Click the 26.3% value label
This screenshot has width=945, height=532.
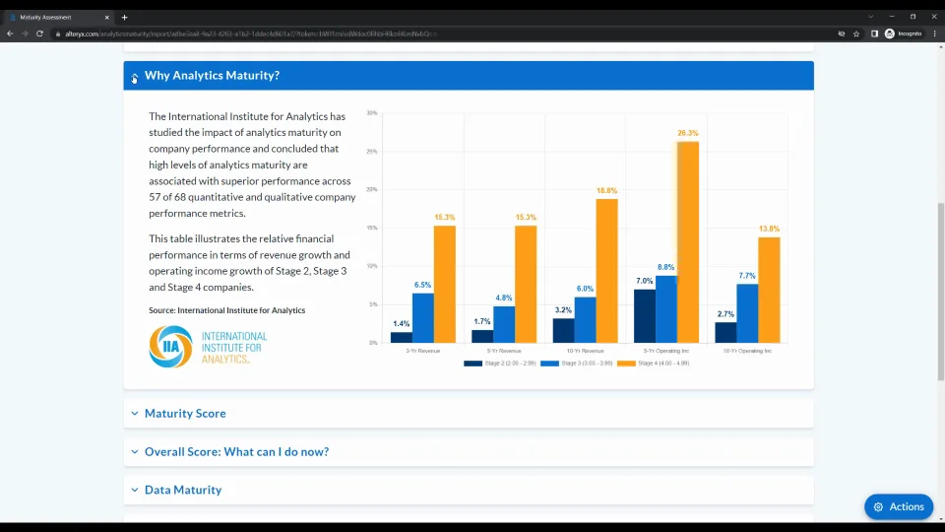687,133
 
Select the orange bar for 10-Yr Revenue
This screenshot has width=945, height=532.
606,271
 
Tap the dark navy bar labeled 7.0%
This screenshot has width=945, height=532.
645,315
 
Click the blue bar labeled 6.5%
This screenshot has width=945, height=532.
423,317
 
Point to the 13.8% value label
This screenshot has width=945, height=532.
769,229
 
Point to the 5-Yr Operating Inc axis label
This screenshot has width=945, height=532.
666,351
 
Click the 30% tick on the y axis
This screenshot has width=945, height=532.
371,113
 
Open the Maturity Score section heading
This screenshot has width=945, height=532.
185,414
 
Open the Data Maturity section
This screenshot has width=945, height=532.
183,490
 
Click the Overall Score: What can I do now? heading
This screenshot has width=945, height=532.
236,452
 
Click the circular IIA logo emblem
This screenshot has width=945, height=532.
170,347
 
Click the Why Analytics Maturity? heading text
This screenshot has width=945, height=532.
212,76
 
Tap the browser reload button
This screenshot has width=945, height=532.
39,33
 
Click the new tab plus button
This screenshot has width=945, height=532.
124,17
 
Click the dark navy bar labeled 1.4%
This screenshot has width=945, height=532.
402,337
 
